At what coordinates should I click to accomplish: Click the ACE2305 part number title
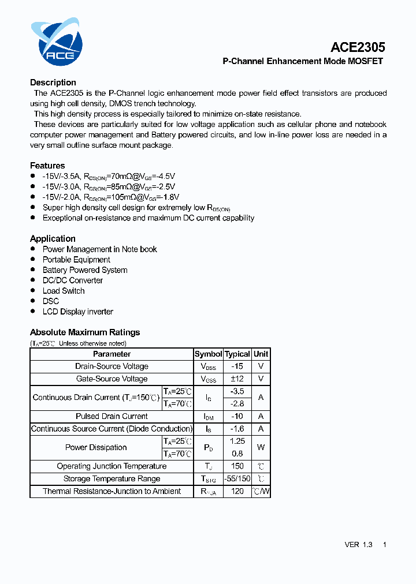(x=358, y=47)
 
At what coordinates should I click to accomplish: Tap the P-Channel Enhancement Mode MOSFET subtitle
(x=303, y=61)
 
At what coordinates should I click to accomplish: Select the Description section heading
(x=53, y=83)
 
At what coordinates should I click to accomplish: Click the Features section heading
(x=47, y=166)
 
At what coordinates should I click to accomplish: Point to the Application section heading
(x=53, y=238)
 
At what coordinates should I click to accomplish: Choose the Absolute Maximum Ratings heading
(x=85, y=332)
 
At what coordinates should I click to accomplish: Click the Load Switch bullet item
(x=64, y=291)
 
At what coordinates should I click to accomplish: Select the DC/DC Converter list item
(x=73, y=280)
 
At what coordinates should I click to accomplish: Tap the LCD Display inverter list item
(x=78, y=312)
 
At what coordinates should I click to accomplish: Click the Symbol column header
(x=208, y=354)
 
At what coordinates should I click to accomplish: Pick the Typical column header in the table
(x=237, y=354)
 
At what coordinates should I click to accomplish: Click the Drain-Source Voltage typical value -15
(x=237, y=366)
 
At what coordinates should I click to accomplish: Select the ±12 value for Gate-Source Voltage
(x=237, y=379)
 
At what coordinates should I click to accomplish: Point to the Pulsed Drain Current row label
(x=112, y=416)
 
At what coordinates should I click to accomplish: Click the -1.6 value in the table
(x=237, y=429)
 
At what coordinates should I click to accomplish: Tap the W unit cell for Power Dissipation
(x=261, y=447)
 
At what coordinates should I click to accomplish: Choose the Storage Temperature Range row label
(x=112, y=479)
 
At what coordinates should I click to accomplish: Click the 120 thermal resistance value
(x=237, y=492)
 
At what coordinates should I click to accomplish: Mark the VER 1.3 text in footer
(x=358, y=545)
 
